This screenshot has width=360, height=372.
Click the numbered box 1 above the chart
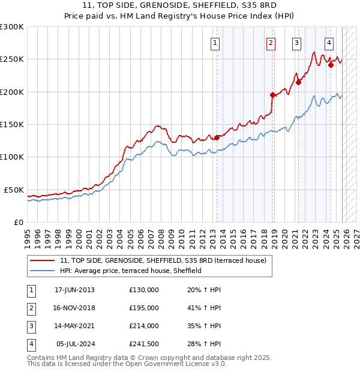[x=215, y=43]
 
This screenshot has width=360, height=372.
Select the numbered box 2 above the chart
[x=271, y=43]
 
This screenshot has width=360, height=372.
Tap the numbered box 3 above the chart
[x=296, y=43]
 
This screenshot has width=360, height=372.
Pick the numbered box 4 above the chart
[x=329, y=43]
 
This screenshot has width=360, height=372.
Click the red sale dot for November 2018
[x=272, y=95]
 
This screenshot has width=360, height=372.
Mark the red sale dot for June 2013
[x=217, y=137]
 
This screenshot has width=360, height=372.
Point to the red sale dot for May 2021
[x=298, y=83]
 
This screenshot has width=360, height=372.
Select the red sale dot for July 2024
[x=331, y=65]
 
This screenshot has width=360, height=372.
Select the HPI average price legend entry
[x=131, y=271]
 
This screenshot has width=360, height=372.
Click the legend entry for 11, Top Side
[x=166, y=260]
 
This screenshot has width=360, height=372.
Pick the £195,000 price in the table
[x=144, y=308]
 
